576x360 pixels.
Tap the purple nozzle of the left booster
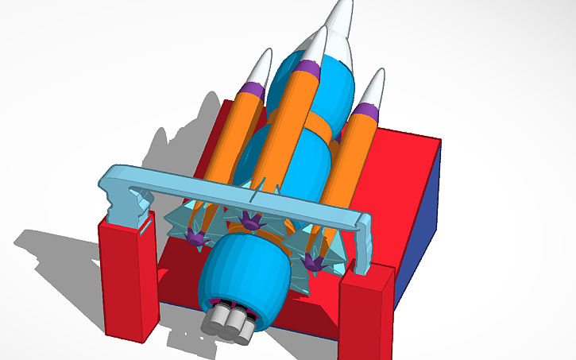point(195,236)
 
